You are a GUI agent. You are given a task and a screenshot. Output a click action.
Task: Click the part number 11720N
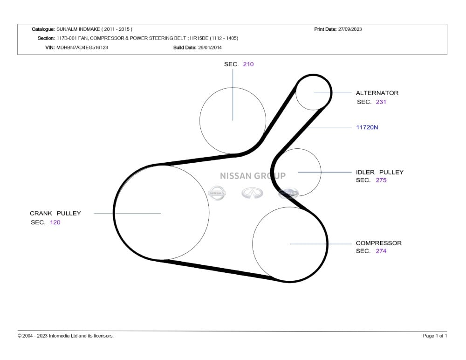pos(367,127)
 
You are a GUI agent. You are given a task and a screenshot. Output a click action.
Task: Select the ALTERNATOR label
pos(377,93)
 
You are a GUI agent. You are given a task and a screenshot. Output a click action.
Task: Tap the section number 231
pos(381,102)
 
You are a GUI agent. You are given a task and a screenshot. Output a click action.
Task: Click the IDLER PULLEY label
pos(379,172)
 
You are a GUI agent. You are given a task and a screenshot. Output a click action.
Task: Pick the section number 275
pos(381,180)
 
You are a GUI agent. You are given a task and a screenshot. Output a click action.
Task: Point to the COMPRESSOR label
pos(378,243)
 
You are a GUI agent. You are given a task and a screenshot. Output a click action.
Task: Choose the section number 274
pos(381,251)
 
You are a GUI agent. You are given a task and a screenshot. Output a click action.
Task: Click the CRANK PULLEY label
pos(55,213)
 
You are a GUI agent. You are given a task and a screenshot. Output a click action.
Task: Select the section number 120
pos(55,222)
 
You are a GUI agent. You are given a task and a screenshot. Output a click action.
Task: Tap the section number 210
pos(248,64)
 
